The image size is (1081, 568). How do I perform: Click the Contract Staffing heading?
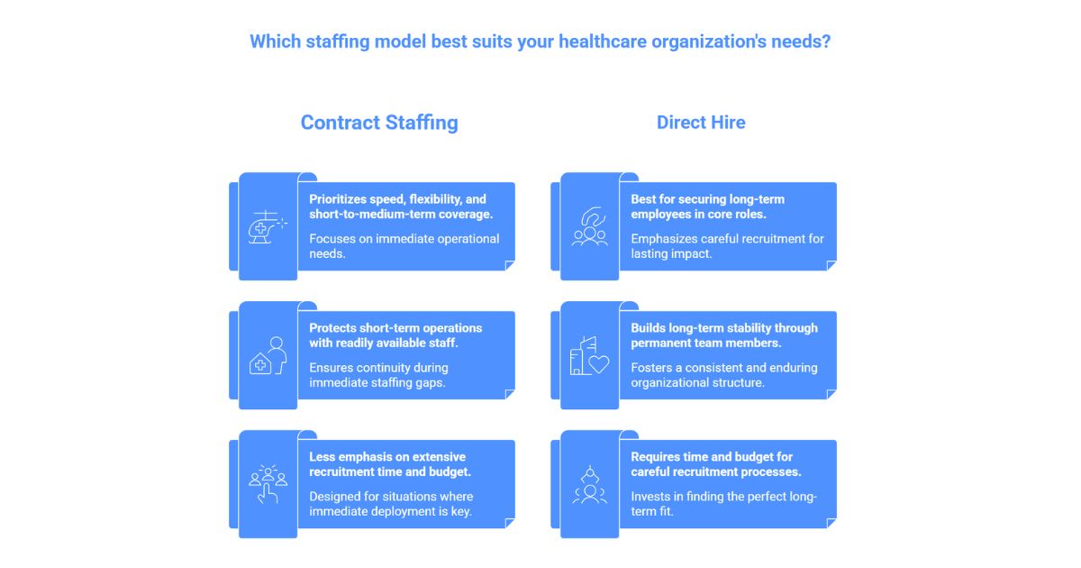379,123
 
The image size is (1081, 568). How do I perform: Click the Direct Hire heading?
701,123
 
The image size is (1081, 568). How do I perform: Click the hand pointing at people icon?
267,484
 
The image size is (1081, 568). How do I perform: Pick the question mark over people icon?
589,226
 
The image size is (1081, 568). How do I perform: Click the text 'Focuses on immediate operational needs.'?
404,246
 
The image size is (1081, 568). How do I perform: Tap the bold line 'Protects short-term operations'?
395,328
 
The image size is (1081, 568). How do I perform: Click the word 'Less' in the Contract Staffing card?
324,457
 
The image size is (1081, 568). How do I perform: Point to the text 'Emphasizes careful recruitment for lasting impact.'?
727,246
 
